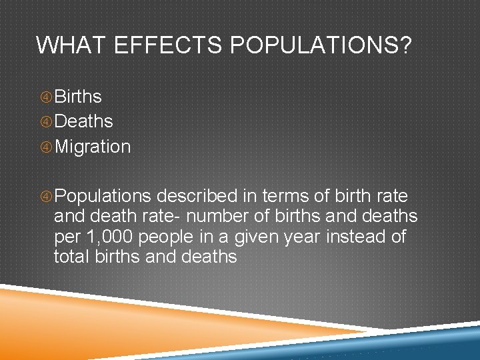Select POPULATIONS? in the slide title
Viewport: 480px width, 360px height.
(321, 45)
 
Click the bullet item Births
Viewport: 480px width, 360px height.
(78, 97)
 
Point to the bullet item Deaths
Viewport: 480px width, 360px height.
(83, 121)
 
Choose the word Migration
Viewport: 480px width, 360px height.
(93, 147)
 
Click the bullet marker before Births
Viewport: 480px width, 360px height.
(46, 97)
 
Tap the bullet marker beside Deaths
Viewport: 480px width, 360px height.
(46, 122)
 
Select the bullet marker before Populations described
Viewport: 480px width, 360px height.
(46, 197)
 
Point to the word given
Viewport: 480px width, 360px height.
(270, 237)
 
